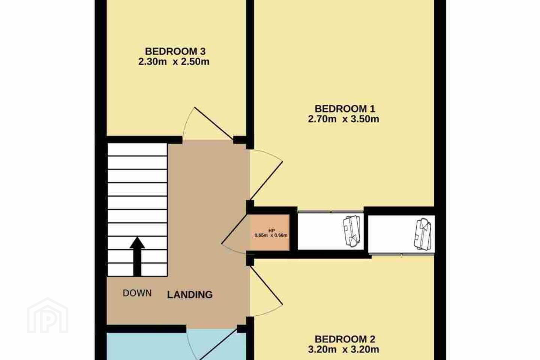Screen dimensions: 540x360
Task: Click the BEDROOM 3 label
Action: click(175, 51)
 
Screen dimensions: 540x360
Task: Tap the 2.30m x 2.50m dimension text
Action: click(174, 62)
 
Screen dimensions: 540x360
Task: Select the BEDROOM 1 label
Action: click(345, 109)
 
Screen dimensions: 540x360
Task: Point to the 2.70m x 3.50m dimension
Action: click(343, 119)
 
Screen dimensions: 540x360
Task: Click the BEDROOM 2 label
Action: click(345, 339)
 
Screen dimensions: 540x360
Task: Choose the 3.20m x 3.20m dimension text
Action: click(343, 349)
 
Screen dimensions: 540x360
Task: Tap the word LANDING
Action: click(190, 295)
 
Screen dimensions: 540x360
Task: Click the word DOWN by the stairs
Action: click(137, 293)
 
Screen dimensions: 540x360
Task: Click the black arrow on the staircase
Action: click(137, 256)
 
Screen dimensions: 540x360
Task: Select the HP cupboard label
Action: click(271, 231)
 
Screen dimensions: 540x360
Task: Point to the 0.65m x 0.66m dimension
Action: click(271, 235)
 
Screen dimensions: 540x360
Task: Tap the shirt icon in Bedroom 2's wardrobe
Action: click(422, 234)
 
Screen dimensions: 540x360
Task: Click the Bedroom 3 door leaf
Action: click(214, 123)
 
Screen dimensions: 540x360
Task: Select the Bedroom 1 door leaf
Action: click(266, 181)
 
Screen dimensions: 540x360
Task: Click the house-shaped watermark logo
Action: click(48, 315)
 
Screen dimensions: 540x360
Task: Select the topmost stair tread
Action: click(137, 150)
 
